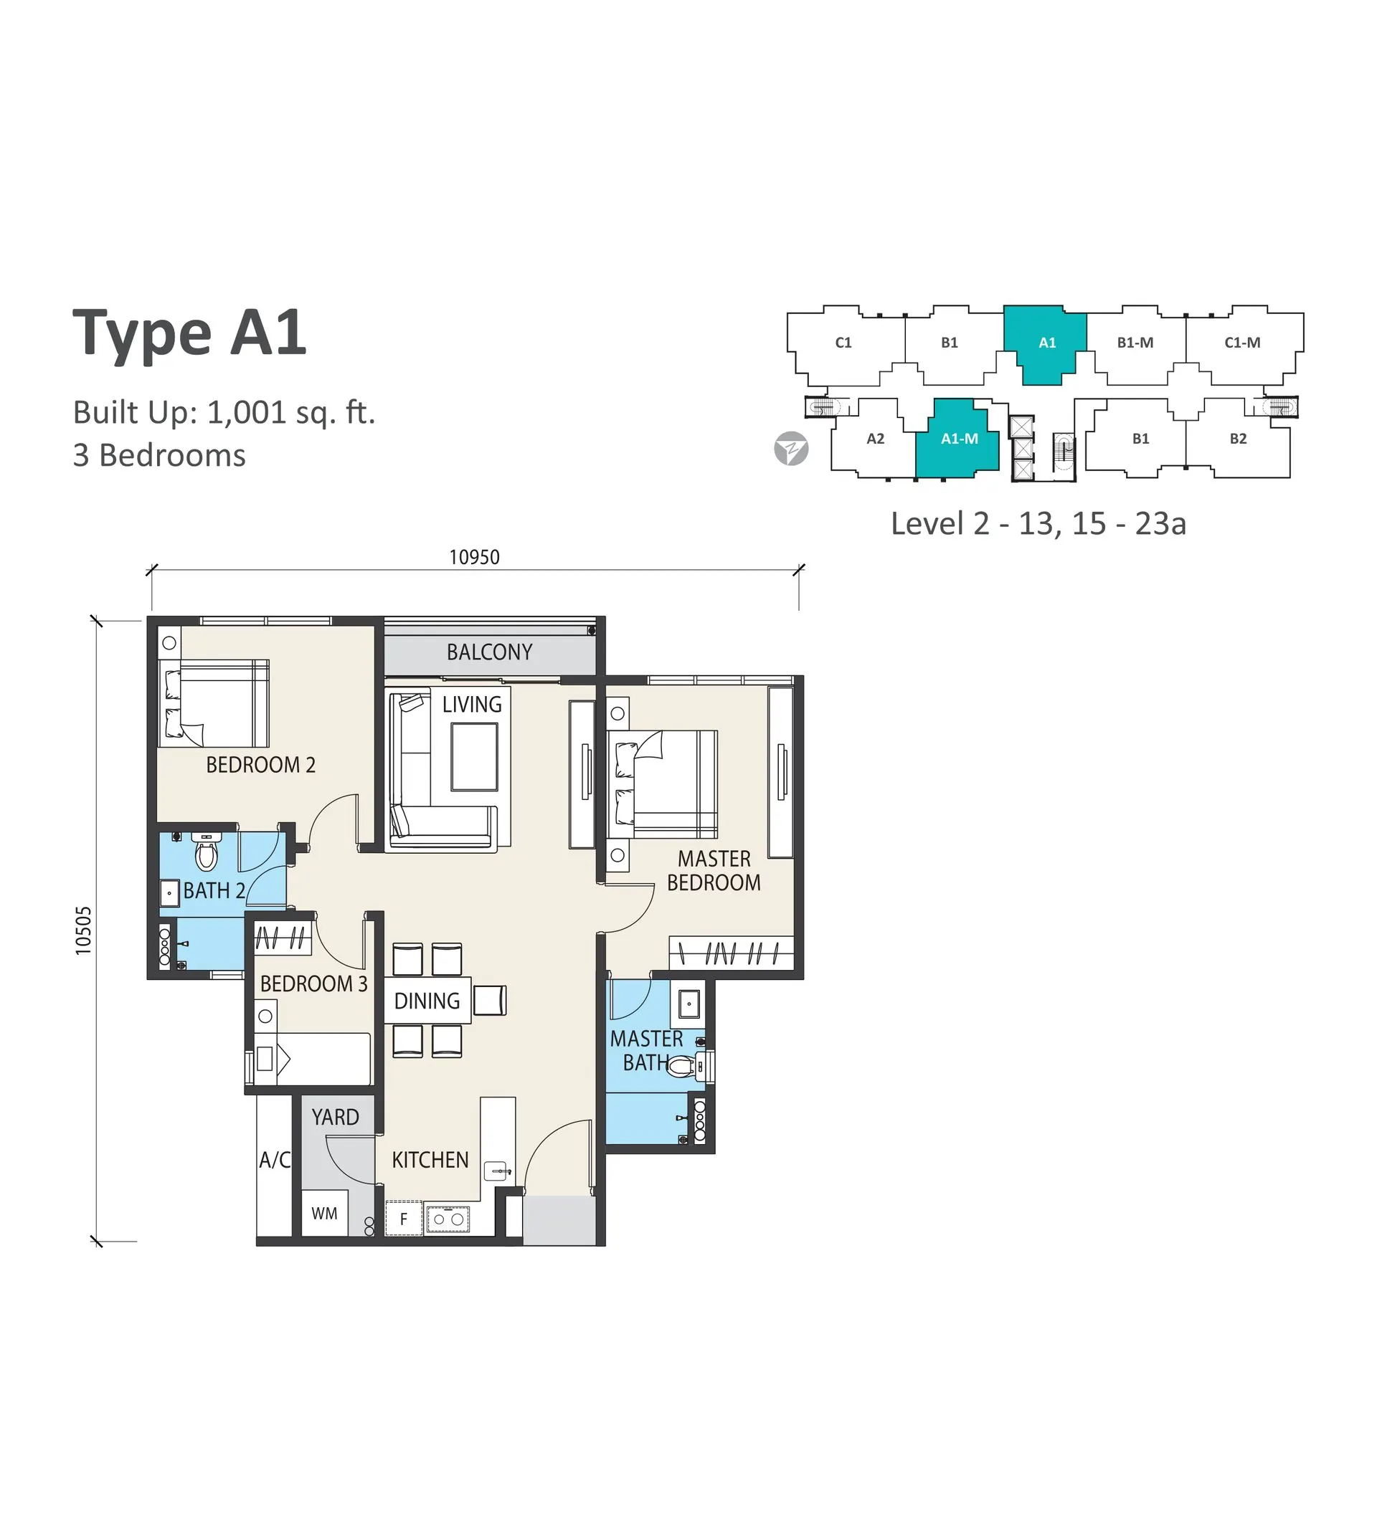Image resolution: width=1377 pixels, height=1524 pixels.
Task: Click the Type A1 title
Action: pos(189,333)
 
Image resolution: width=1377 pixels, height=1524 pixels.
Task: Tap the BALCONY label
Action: pos(489,652)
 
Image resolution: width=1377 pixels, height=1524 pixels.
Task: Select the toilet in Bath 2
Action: pos(206,851)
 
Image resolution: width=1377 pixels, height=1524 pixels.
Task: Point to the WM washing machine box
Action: pos(324,1214)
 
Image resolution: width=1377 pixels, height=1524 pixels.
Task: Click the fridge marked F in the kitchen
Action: pos(404,1218)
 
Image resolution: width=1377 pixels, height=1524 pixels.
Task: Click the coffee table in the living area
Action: pos(474,757)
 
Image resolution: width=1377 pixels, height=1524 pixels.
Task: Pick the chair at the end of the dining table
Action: pos(490,1000)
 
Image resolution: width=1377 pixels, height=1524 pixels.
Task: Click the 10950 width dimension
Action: pos(474,557)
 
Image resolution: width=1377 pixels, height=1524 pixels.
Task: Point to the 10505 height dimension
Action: pos(82,930)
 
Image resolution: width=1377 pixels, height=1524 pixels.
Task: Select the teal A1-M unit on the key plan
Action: pos(957,439)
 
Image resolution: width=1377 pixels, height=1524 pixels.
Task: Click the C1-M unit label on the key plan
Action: pos(1242,343)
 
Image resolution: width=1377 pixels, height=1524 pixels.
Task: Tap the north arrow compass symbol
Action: pos(791,448)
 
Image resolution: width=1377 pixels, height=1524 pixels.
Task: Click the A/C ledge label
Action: pos(275,1160)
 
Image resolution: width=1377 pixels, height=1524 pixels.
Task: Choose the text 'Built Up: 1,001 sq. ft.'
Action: pos(224,413)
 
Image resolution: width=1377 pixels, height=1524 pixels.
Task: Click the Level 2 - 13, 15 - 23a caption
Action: pos(1038,523)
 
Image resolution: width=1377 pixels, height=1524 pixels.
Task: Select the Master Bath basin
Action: pos(689,1005)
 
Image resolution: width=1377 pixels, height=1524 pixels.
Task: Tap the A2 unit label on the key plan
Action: pos(875,439)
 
